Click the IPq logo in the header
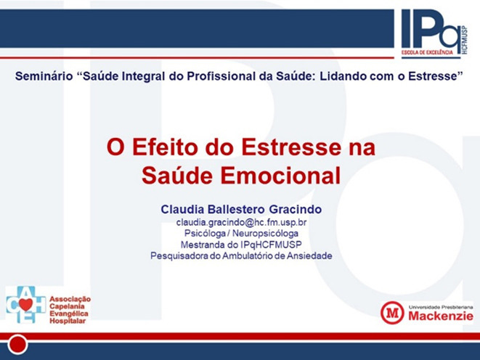coord(434,33)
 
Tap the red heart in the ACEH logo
coord(25,304)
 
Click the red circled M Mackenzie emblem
coord(392,313)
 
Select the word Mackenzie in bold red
coord(441,316)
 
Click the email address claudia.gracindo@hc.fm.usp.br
coord(241,222)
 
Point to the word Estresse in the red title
coord(291,147)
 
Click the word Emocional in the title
coord(280,176)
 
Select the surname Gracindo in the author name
coord(296,210)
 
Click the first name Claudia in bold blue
coord(182,210)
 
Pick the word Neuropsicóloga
coord(265,234)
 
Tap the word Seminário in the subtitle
coord(44,76)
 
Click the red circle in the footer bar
coord(17,345)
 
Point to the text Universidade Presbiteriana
coord(441,307)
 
